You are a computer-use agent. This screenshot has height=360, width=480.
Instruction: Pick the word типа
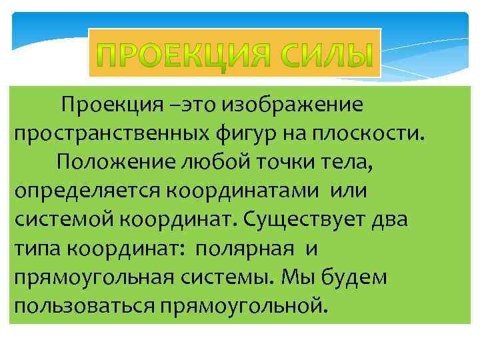pyautogui.click(x=37, y=248)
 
